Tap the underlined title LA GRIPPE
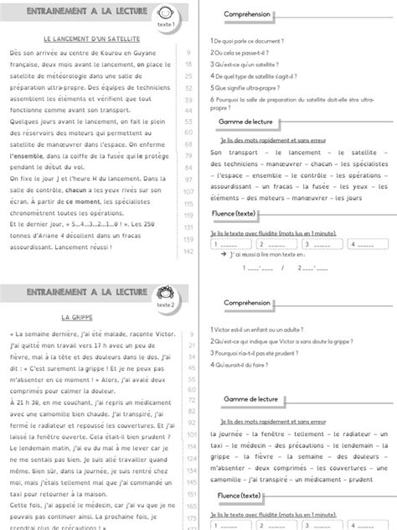point(77,319)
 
